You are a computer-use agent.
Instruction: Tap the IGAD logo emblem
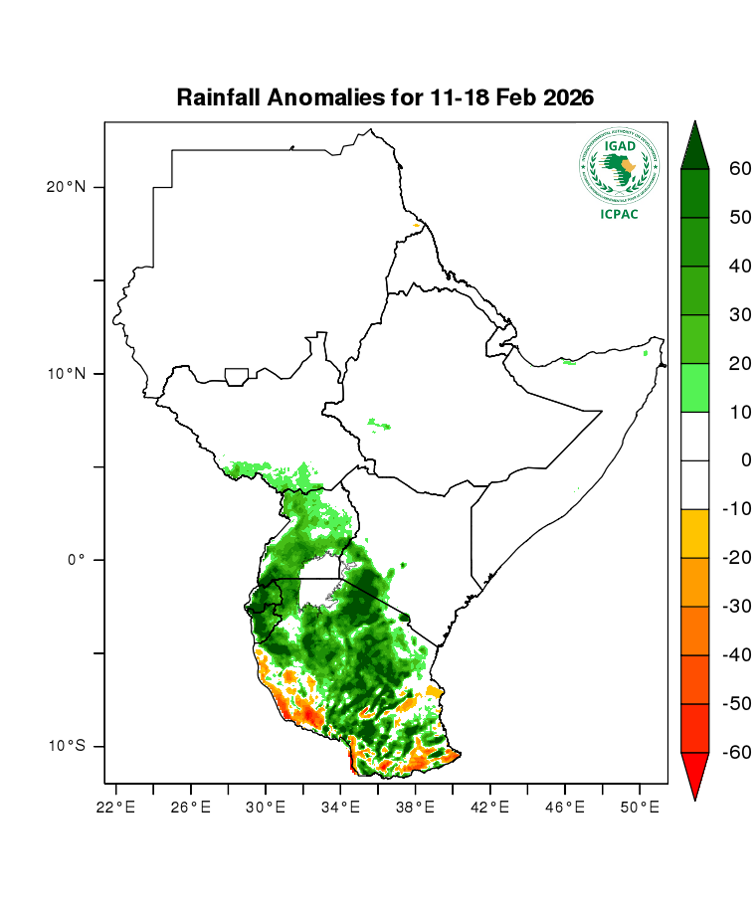(x=619, y=166)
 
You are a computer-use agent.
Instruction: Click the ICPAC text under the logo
(x=619, y=215)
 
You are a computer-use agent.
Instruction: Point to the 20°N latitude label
(x=66, y=187)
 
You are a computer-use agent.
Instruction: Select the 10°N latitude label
(x=66, y=374)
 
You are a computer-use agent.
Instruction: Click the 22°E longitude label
(x=115, y=807)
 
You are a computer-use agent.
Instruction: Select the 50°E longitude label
(x=639, y=807)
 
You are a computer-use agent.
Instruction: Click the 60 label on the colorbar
(x=740, y=169)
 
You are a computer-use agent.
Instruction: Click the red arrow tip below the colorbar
(x=695, y=776)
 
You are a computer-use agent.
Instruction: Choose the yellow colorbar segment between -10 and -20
(x=695, y=534)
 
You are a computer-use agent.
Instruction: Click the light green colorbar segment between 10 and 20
(x=695, y=387)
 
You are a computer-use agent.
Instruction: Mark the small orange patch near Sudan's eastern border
(x=416, y=225)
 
